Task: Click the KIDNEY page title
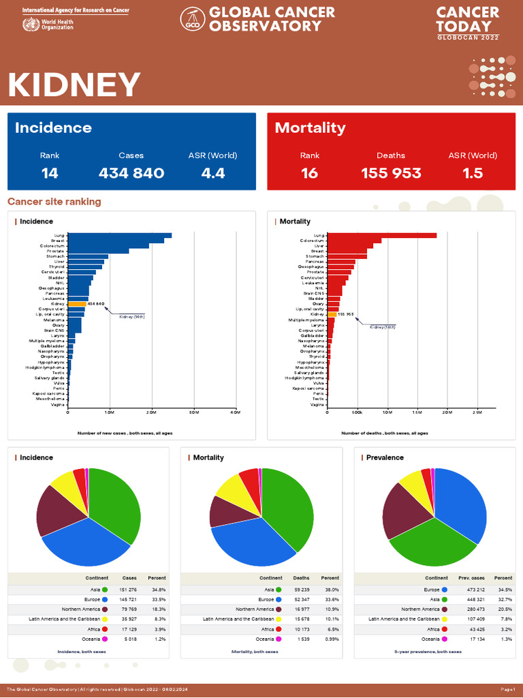(74, 85)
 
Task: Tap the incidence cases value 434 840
(131, 173)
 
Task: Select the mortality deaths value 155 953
(391, 173)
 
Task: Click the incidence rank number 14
(50, 173)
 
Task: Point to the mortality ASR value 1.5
(473, 173)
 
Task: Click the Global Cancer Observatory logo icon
(193, 20)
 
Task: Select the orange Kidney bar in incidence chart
(77, 304)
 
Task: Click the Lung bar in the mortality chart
(381, 236)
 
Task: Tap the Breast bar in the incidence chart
(116, 241)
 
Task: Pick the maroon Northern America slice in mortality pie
(222, 511)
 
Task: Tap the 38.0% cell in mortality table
(330, 590)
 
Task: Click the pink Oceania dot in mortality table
(278, 639)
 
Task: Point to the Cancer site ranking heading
(54, 202)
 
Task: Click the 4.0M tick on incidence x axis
(236, 412)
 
